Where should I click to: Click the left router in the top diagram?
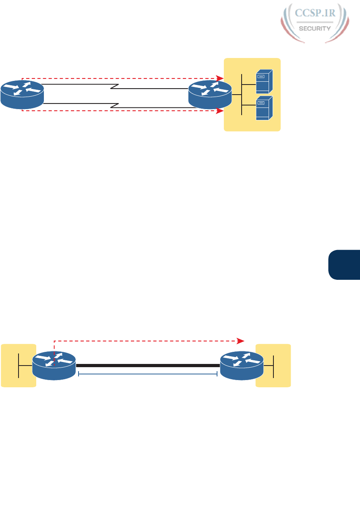pos(22,94)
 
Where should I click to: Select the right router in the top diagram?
pos(210,94)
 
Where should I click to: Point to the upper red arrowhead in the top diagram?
pos(219,78)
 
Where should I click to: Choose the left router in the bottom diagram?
pos(54,365)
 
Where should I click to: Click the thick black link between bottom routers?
pos(147,366)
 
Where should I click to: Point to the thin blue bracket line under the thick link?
pos(147,374)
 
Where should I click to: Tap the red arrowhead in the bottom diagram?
pos(241,341)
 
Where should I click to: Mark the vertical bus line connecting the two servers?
pos(242,95)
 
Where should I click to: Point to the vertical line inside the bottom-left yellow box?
pos(19,365)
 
